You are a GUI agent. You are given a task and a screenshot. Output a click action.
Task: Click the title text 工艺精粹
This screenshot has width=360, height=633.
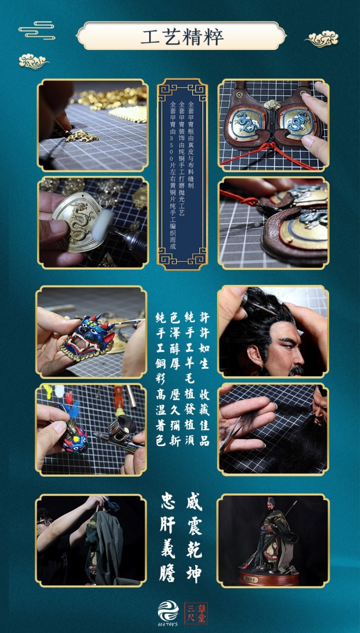pyautogui.click(x=181, y=37)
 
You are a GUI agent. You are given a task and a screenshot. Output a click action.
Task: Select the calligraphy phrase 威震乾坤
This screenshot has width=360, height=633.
pyautogui.click(x=194, y=536)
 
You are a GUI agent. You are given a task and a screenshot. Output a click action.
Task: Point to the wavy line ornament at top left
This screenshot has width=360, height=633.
pyautogui.click(x=37, y=30)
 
